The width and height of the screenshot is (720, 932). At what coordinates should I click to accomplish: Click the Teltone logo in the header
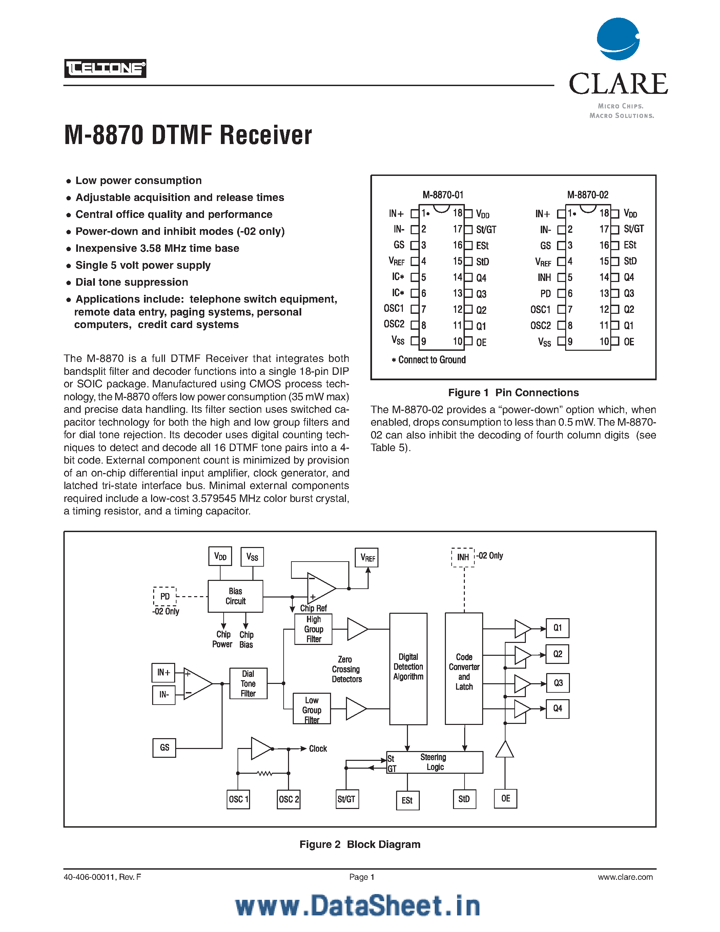point(105,68)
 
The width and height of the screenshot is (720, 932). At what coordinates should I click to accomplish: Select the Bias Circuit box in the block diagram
point(235,596)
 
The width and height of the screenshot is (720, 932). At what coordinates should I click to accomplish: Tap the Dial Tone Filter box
point(248,683)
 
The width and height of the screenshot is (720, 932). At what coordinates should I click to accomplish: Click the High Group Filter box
point(313,629)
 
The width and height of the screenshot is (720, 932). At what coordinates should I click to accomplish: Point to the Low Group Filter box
point(312,709)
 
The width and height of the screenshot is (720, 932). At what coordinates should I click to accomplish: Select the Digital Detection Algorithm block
point(408,669)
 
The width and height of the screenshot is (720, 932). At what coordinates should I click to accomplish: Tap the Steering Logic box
point(435,762)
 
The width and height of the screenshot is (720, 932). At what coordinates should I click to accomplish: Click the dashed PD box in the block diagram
point(165,596)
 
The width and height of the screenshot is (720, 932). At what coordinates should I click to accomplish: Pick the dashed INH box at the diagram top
point(463,557)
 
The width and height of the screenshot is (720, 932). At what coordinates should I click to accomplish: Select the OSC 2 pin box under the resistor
point(289,799)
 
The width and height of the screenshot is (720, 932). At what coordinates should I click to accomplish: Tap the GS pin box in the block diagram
point(164,748)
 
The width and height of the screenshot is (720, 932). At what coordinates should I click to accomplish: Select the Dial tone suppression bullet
point(131,282)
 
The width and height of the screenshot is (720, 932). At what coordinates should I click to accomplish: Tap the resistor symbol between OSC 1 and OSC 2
point(265,773)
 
